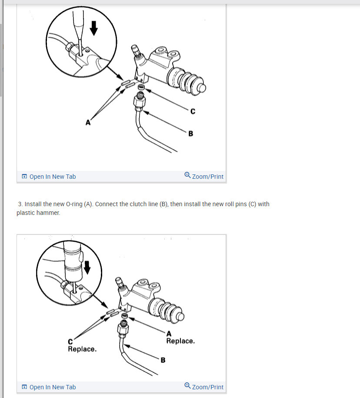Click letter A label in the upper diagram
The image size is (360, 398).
(88, 123)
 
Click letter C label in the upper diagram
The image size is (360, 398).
(193, 111)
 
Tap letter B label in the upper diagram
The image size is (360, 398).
(191, 134)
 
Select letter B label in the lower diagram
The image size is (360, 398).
(163, 360)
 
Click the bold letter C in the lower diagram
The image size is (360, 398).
(70, 341)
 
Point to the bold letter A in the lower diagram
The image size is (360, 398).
(169, 334)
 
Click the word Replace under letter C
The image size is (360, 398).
(82, 349)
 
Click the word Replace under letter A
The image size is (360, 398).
(180, 341)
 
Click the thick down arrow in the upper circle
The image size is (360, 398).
(93, 28)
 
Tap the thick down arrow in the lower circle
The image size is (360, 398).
(87, 268)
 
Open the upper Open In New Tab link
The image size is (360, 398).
(53, 177)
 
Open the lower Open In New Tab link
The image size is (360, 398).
(53, 387)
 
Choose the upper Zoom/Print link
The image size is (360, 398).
(204, 176)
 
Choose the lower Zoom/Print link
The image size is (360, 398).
(204, 387)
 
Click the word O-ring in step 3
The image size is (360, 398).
(74, 204)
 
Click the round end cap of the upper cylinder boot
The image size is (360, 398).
(202, 88)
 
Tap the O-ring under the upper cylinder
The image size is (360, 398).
(141, 87)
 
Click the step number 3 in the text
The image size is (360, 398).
(20, 204)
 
